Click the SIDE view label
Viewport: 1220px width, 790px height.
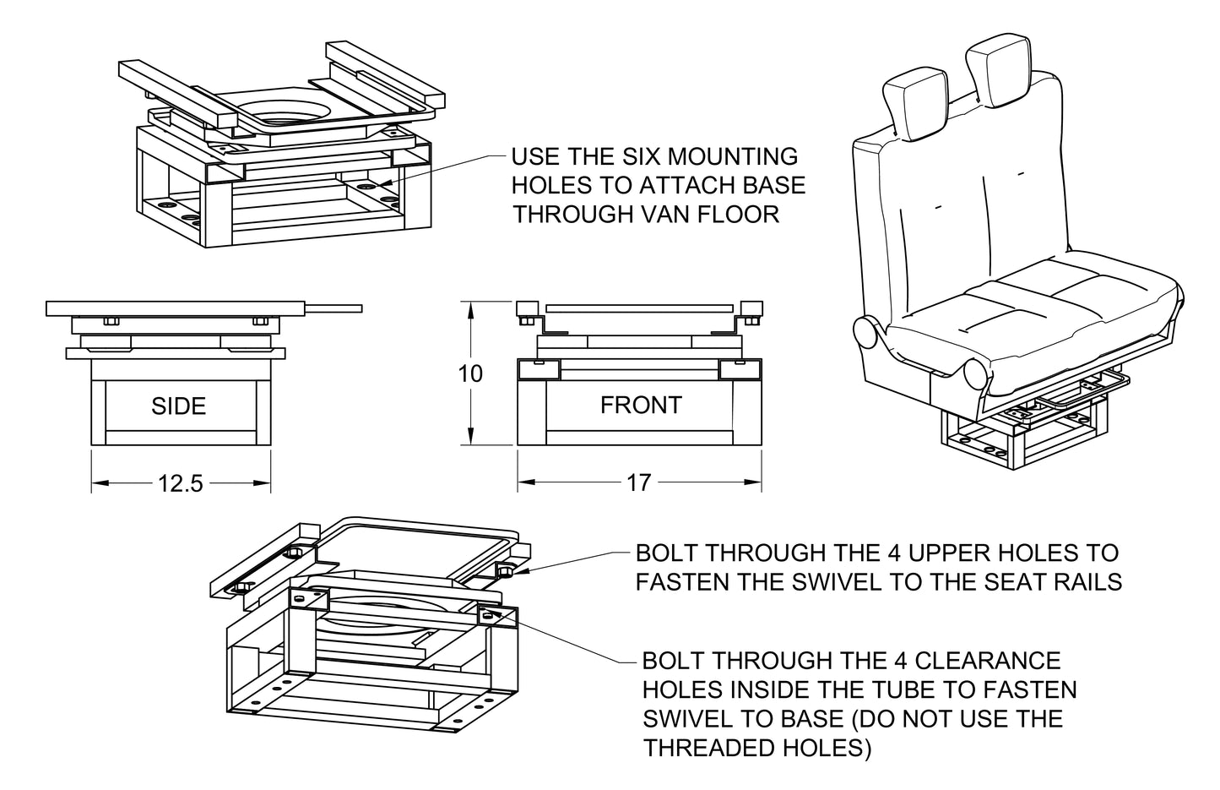178,406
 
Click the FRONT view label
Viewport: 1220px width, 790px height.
640,406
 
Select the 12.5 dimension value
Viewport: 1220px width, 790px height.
181,483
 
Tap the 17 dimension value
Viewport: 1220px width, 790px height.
639,482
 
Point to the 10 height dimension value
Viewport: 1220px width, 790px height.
469,373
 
